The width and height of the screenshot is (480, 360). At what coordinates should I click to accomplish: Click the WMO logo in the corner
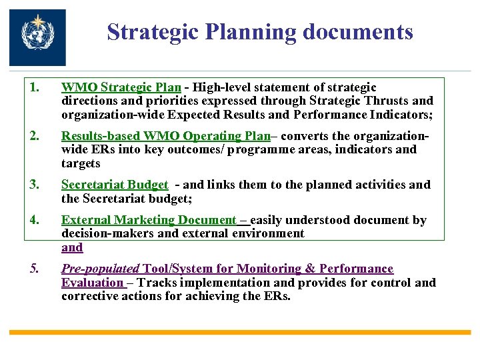(37, 37)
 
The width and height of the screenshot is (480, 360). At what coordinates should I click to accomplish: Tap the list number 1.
(34, 87)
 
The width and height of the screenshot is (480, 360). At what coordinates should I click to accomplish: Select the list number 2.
(34, 135)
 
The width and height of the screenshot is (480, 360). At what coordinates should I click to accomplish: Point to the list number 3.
(34, 185)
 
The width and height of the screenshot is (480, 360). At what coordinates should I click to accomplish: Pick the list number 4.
(34, 220)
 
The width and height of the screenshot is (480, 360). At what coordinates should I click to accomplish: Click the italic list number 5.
(34, 269)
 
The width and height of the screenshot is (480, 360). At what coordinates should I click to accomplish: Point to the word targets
(81, 163)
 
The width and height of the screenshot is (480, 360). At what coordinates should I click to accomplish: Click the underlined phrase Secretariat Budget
(115, 185)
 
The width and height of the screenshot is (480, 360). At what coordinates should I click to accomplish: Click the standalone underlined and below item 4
(72, 247)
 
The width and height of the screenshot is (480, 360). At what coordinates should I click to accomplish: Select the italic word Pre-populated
(101, 269)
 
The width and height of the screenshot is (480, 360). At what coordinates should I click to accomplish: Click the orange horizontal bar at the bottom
(240, 331)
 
